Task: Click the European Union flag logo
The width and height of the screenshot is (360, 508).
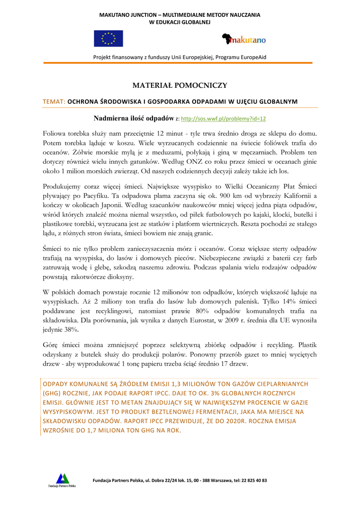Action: point(108,39)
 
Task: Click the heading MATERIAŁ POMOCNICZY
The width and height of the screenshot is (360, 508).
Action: point(180,85)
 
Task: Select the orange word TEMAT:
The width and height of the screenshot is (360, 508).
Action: point(54,102)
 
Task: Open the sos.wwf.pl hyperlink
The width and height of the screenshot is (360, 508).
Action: point(223,119)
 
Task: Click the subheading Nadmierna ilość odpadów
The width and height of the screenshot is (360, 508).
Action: point(134,119)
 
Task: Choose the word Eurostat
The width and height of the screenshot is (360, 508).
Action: point(204,320)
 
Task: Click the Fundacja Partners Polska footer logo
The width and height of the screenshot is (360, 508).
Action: point(62,480)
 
